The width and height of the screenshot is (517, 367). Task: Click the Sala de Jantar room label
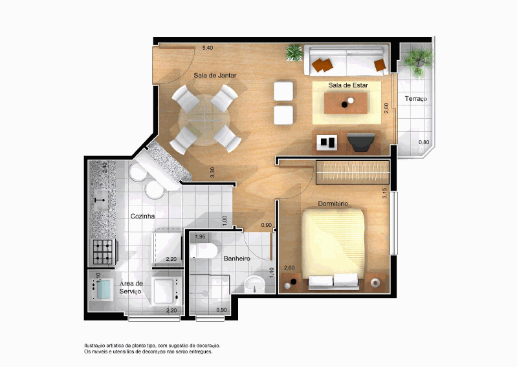(215, 76)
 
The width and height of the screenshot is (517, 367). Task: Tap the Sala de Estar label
(348, 85)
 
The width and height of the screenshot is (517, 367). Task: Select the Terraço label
(416, 99)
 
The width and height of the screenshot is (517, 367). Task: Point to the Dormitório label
(333, 204)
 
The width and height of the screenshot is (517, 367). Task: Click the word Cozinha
(142, 216)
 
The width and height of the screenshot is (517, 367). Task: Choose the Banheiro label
(237, 258)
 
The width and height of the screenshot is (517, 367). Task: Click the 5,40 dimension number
(208, 48)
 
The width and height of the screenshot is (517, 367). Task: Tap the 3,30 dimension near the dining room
(212, 173)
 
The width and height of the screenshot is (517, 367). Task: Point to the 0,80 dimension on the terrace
(424, 143)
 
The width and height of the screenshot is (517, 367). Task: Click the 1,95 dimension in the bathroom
(200, 236)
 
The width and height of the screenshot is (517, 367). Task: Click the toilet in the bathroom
(203, 251)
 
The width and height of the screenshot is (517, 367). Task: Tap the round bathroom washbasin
(254, 284)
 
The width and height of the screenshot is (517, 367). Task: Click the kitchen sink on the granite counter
(102, 200)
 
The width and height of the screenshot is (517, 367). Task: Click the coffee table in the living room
(346, 103)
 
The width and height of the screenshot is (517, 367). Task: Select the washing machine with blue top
(101, 289)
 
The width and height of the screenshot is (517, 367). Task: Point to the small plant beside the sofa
(294, 53)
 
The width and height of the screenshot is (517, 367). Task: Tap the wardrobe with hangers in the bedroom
(353, 172)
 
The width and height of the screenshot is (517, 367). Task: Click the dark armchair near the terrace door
(361, 142)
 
